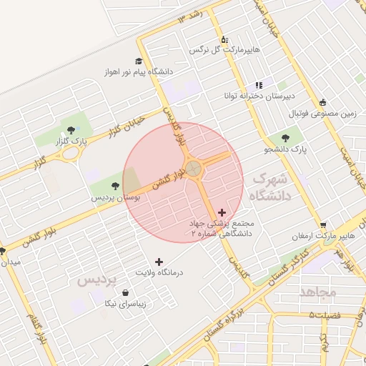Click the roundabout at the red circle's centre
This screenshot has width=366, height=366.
pos(193,169)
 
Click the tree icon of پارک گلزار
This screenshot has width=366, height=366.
pos(71,130)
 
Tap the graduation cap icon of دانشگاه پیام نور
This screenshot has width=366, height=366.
pos(138,61)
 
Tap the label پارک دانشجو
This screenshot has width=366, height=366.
pos(285,149)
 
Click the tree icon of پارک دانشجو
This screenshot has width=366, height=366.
pos(285,137)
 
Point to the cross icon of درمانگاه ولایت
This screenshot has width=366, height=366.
pos(159,262)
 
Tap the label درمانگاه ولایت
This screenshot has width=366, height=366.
pos(159,273)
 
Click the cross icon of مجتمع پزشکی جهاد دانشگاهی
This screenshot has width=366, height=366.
pos(222,212)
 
